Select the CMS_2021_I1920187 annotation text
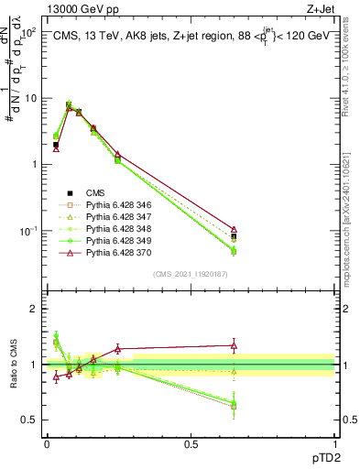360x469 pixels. click(190, 273)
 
